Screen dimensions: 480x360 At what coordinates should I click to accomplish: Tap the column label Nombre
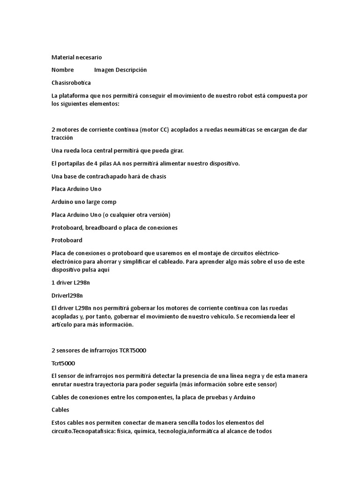[x=62, y=70]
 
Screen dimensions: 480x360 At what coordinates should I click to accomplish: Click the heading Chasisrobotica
[x=71, y=82]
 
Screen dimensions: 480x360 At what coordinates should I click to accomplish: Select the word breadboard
[x=102, y=227]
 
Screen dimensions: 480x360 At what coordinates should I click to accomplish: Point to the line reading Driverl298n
[x=67, y=295]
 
